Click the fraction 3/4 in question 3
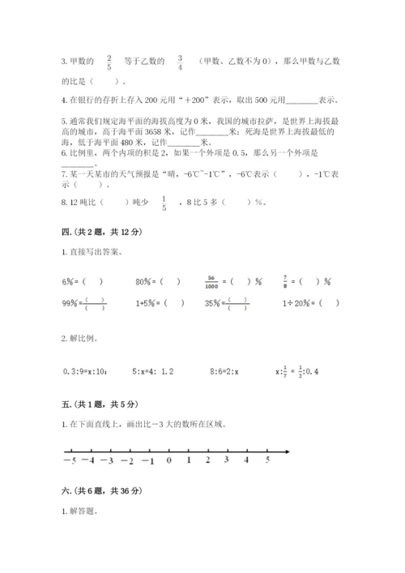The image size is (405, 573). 180,59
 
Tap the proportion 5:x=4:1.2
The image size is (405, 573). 152,371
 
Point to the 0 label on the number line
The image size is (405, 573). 168,460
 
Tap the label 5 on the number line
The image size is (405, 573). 268,460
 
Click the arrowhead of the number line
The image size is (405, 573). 286,451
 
